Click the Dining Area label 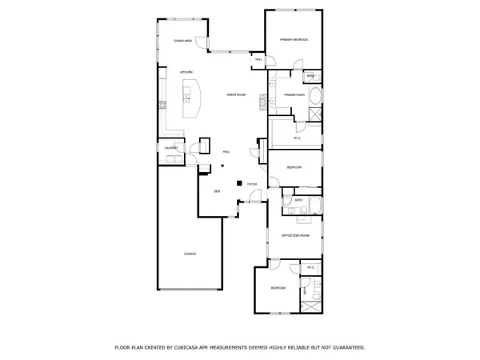183,41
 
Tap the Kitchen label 186,72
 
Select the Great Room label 235,94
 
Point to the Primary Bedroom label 294,40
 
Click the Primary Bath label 294,95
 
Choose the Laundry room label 170,148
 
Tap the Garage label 190,254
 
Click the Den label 216,192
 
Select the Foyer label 252,185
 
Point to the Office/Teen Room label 294,235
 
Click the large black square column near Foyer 238,184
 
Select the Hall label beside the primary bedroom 258,59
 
